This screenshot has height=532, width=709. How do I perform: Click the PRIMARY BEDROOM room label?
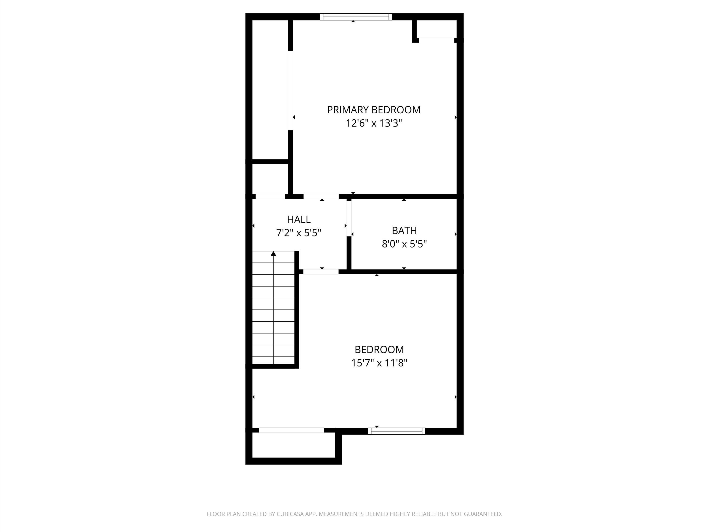tap(373, 110)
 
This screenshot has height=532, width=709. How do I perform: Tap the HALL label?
tap(298, 219)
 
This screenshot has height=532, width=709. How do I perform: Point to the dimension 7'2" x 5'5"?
tap(298, 233)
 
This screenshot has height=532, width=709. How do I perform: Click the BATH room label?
tap(404, 231)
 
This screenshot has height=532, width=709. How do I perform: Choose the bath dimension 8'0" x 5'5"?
tap(404, 244)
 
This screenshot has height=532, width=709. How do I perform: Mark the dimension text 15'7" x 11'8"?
tap(379, 363)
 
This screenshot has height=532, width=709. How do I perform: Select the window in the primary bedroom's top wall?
tap(356, 17)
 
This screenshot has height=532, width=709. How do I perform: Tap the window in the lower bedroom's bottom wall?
tap(397, 431)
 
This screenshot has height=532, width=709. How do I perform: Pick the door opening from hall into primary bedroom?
tap(321, 196)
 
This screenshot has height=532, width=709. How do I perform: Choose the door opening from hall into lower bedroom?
tap(321, 272)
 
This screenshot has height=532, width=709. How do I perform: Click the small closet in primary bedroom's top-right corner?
tap(437, 29)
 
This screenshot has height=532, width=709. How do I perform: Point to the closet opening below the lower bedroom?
tap(291, 430)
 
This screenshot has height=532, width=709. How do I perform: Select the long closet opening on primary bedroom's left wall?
tap(290, 91)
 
